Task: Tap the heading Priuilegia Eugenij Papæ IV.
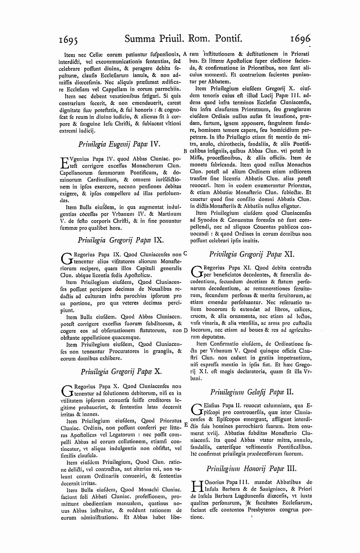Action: (119, 144)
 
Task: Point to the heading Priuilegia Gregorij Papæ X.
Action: (121, 371)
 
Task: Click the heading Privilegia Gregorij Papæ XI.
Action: (252, 254)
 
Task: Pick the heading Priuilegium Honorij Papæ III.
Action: (252, 468)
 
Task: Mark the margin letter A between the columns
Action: (185, 54)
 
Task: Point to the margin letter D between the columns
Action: (185, 330)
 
